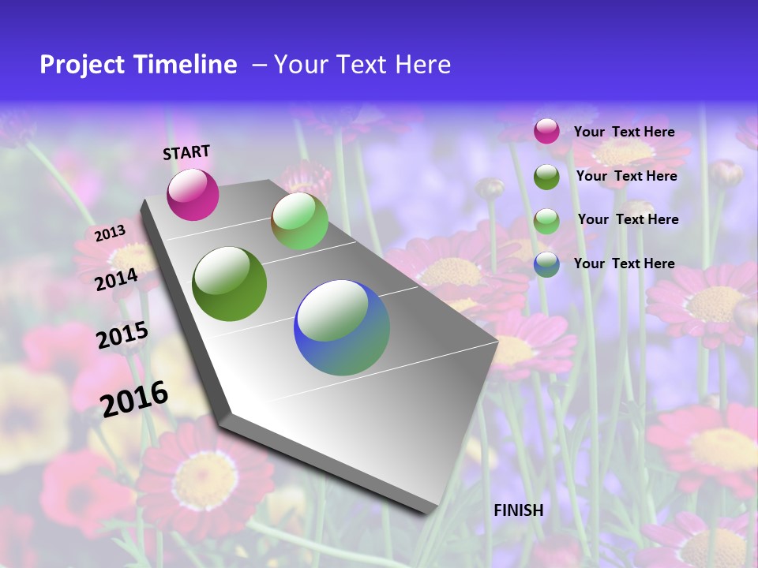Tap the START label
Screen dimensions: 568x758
tap(186, 152)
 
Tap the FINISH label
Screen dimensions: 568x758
tap(518, 510)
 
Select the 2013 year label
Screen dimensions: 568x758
tap(110, 234)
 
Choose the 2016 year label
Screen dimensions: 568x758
tap(134, 398)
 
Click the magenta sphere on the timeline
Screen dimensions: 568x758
tap(193, 194)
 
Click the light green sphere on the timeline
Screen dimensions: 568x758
tap(299, 221)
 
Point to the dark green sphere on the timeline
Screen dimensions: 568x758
tap(230, 284)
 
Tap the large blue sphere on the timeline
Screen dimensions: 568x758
tap(342, 327)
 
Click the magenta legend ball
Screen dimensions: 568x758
tap(546, 132)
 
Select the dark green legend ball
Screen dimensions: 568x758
tap(546, 177)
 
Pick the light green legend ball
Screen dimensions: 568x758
tap(546, 220)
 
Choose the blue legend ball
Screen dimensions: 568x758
tap(546, 264)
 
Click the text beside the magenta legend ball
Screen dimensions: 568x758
tap(624, 132)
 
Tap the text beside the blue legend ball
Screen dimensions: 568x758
tap(624, 263)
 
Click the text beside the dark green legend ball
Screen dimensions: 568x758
tap(626, 176)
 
